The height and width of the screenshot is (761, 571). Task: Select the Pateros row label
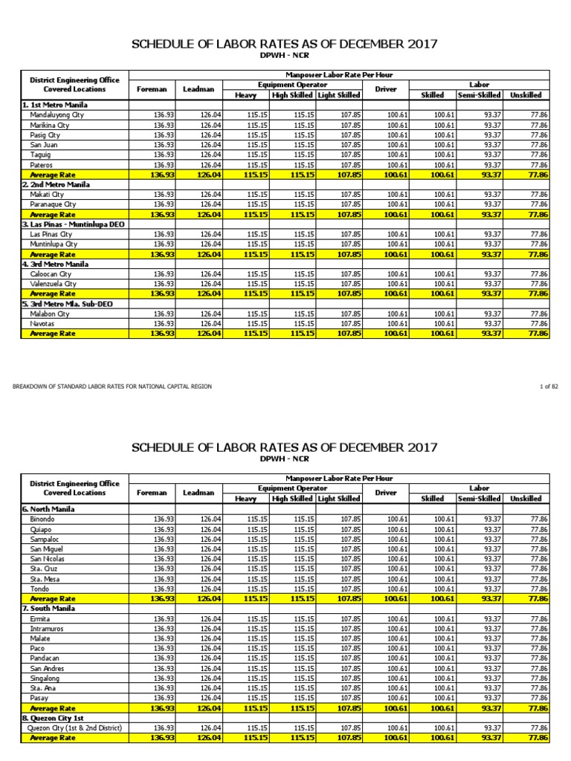42,164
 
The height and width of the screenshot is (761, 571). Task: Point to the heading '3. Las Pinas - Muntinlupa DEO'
74,224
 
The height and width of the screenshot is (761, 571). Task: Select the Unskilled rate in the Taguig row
539,155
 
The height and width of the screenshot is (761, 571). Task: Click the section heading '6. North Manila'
48,508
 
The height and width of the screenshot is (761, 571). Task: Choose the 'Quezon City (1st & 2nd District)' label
74,728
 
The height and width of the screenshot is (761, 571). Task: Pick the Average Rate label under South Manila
54,708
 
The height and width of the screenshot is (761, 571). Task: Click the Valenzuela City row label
53,283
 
